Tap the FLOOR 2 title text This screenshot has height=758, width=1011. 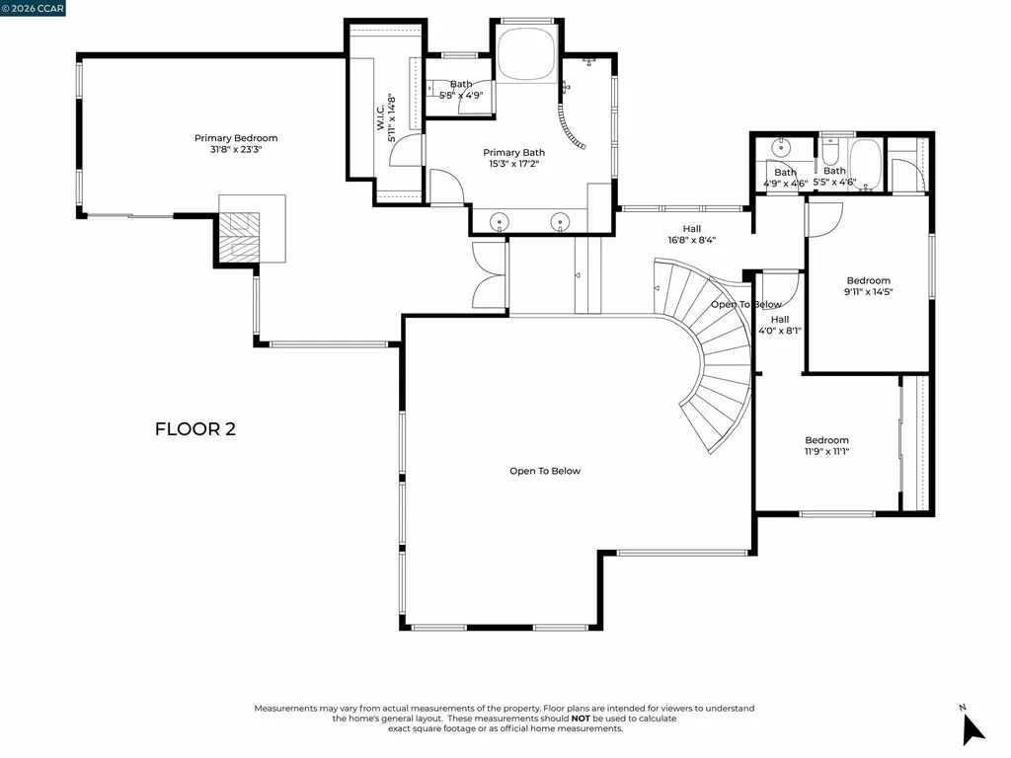coord(195,429)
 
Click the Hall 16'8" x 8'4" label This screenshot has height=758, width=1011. coord(691,234)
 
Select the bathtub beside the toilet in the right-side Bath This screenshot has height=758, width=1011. coord(867,163)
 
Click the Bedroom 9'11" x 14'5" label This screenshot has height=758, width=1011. coord(868,286)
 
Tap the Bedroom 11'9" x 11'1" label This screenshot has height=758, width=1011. coord(826,446)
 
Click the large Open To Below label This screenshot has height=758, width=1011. coord(545,471)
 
